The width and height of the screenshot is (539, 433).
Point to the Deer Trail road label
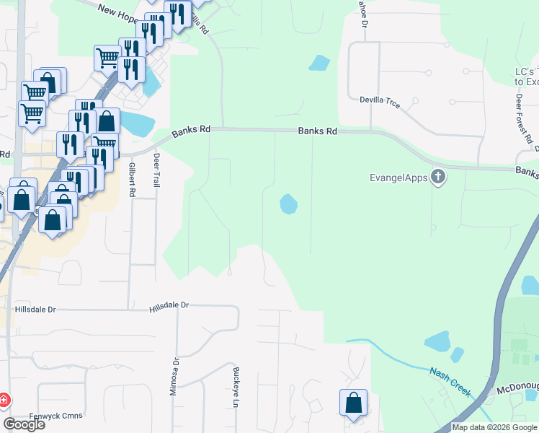pos(156,170)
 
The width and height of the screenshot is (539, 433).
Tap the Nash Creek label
pos(450,382)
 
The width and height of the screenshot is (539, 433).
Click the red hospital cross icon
pos(4,399)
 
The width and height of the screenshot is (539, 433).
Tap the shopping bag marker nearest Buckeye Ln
pos(353,403)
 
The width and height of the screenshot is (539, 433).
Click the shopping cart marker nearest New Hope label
pos(107,58)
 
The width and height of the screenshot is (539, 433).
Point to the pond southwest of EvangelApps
pos(288,204)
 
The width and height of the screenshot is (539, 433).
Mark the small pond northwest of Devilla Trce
pos(318,63)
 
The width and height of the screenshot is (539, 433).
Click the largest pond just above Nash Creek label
pos(437,341)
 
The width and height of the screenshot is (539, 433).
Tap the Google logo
pos(24,424)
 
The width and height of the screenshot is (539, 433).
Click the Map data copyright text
pos(494,427)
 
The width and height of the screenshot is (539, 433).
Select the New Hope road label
pos(117,9)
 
